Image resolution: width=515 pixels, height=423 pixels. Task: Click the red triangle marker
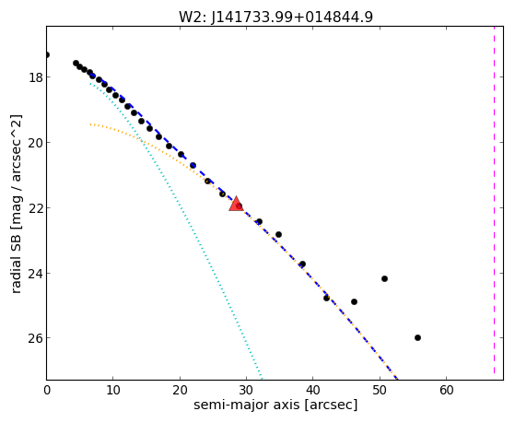pos(236,204)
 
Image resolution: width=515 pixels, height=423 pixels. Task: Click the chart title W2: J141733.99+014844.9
pos(275,18)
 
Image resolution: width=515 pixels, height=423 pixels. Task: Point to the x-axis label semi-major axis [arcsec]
pos(275,405)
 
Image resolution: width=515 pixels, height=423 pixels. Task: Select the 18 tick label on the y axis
pos(35,77)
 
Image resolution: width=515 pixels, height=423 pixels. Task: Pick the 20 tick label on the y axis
pos(35,143)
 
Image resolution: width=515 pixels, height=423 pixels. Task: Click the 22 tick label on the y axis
pos(35,208)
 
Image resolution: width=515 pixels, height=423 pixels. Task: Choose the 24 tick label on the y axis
pos(35,273)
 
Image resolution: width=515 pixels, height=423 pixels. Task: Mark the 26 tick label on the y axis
pos(35,338)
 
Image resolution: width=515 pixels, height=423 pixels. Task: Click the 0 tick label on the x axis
pos(47,390)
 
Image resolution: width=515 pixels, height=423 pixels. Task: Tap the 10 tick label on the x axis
pos(113,390)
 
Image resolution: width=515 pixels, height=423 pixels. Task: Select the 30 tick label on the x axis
pos(246,390)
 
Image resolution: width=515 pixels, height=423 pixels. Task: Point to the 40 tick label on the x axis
pos(313,390)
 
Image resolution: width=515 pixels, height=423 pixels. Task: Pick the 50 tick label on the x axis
pos(380,390)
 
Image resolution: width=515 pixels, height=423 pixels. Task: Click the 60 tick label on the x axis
pos(446,390)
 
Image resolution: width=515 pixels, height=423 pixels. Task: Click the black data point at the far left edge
pos(47,55)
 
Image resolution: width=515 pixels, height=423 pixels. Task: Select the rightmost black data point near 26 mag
pos(417,338)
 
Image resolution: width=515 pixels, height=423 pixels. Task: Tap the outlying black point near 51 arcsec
pos(384,279)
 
